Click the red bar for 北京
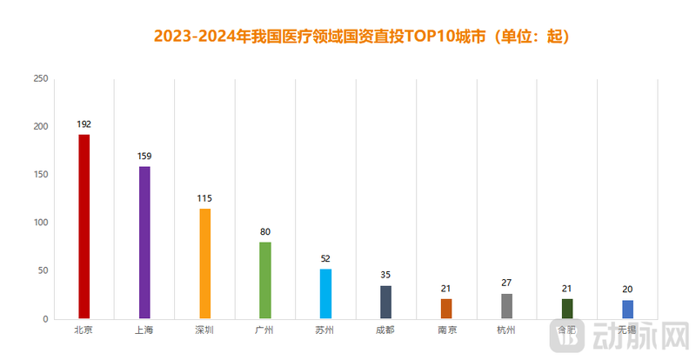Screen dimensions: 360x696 tap(84, 226)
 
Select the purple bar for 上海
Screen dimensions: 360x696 tap(144, 242)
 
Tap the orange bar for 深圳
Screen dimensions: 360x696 tap(205, 263)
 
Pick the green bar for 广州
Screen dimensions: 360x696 tap(265, 280)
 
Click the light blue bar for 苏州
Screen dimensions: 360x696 tap(325, 294)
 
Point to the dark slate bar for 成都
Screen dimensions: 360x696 tap(385, 302)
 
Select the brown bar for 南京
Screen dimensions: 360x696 tap(446, 309)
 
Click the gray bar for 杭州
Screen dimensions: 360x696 tap(507, 306)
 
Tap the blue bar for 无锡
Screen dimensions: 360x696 tap(627, 310)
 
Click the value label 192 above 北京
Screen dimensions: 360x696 tap(84, 124)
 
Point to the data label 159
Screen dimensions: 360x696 tap(144, 157)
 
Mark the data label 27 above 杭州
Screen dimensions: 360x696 tap(507, 283)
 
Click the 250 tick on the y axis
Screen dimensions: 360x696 tap(40, 78)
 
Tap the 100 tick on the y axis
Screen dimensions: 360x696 tap(40, 223)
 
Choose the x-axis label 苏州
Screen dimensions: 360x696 tap(325, 330)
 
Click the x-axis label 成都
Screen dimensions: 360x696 tap(385, 330)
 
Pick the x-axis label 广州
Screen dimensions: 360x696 tap(265, 330)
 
